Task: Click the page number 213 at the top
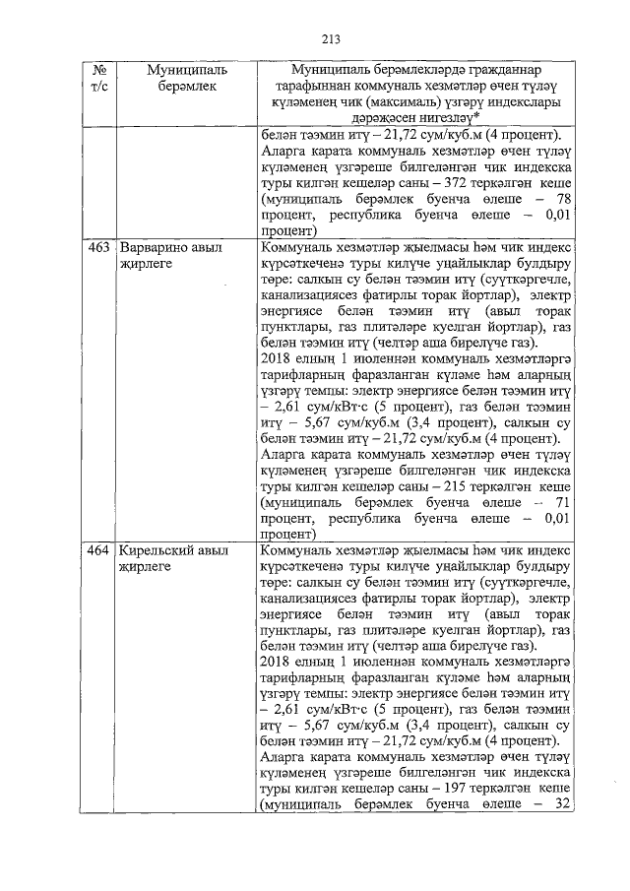330,39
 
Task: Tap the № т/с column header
98,79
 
